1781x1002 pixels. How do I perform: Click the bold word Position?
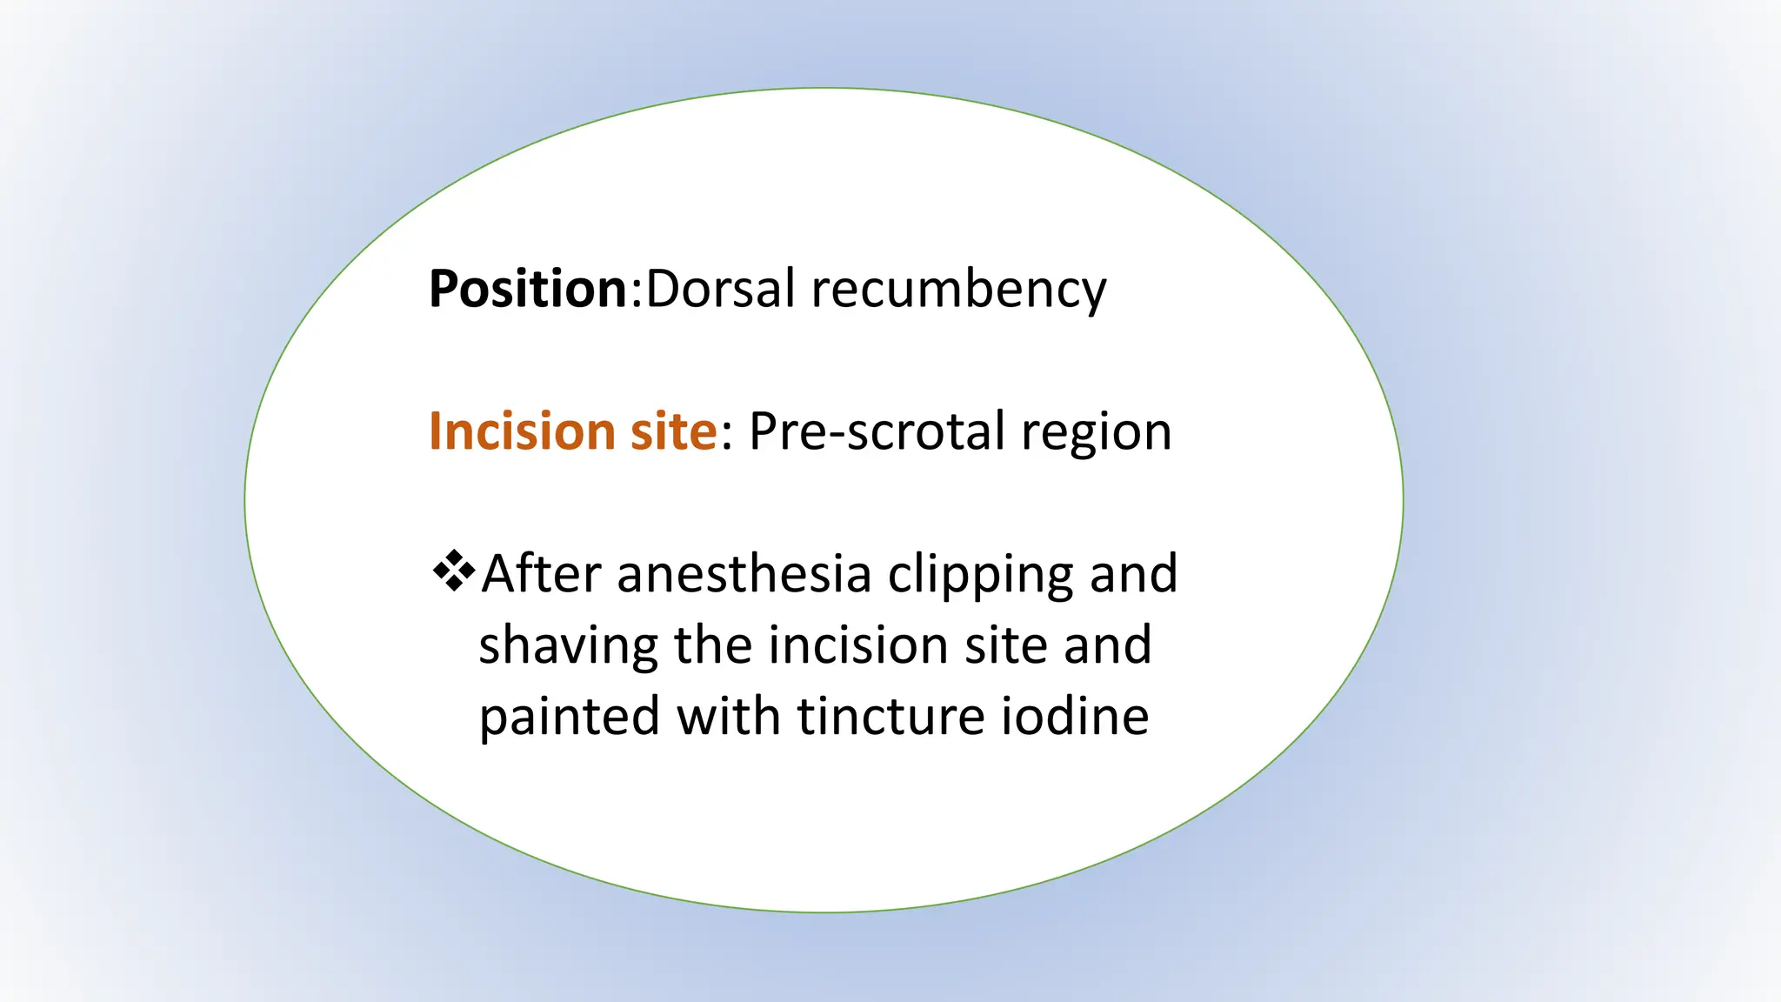[528, 289]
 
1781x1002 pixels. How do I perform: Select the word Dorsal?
[720, 289]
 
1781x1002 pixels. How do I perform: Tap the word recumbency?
[958, 291]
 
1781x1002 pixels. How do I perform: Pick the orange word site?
[673, 431]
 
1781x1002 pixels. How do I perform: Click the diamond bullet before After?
[454, 571]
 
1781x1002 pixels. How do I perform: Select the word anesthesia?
[744, 574]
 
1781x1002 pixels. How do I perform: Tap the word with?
[728, 717]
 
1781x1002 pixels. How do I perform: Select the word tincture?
[890, 717]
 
